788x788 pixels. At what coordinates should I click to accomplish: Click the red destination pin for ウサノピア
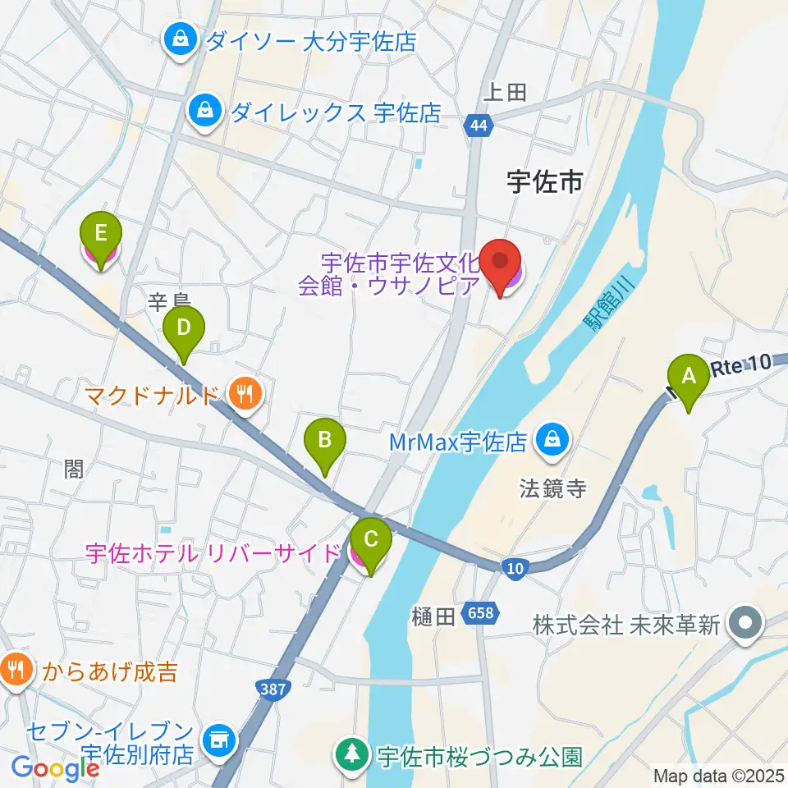point(502,267)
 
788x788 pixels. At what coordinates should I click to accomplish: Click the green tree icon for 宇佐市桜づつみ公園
point(353,755)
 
